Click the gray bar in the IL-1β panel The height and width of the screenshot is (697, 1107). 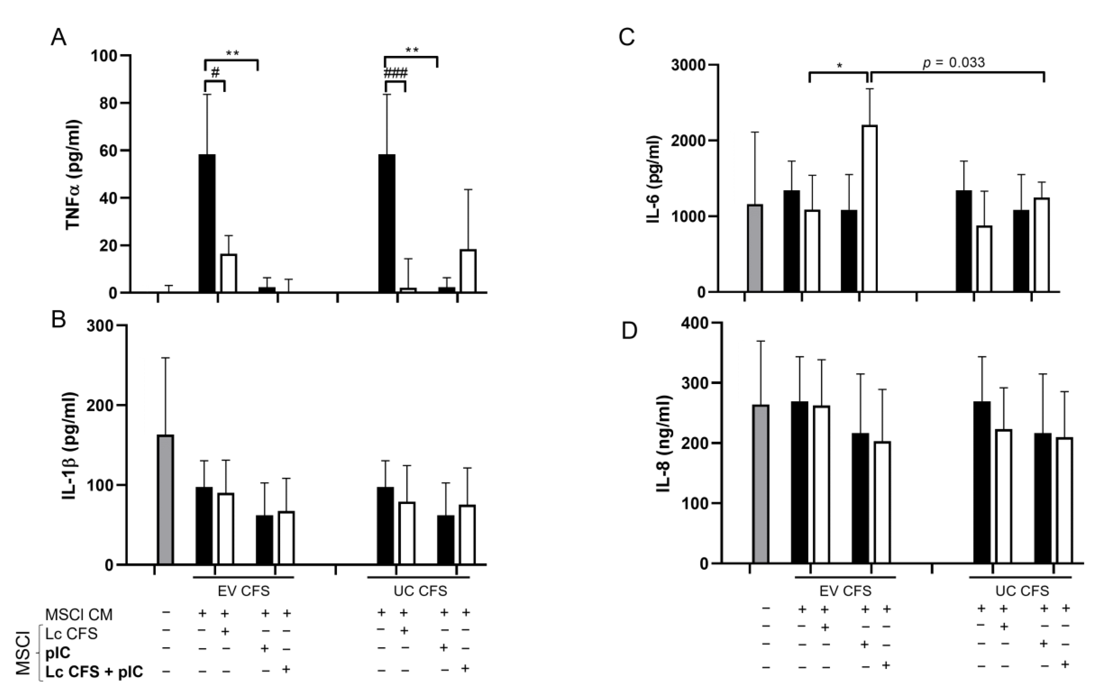pyautogui.click(x=165, y=500)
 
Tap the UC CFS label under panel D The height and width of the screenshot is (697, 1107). pyautogui.click(x=1022, y=591)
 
